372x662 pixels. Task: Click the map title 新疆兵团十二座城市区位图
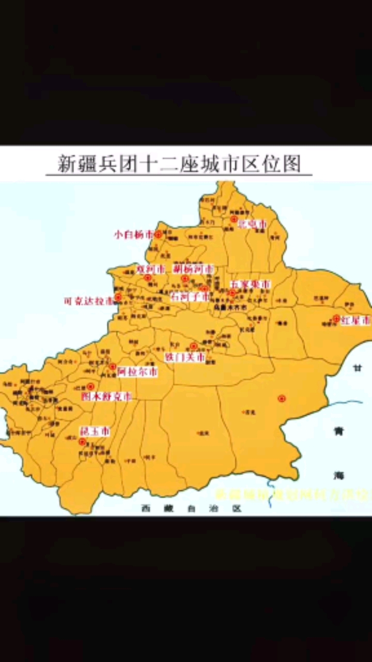(x=179, y=164)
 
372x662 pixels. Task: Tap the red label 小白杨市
(x=134, y=234)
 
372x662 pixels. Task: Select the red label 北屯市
(x=252, y=224)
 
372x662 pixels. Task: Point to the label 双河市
(x=151, y=269)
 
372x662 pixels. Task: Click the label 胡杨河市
(x=193, y=269)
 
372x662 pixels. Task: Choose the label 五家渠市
(x=251, y=284)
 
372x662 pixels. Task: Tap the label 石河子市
(x=190, y=297)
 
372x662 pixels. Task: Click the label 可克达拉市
(x=88, y=300)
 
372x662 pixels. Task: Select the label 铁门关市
(x=184, y=357)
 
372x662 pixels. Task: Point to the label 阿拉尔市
(x=137, y=371)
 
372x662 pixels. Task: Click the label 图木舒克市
(x=106, y=397)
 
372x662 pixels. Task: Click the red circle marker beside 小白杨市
(x=158, y=234)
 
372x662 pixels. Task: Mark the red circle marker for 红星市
(x=336, y=319)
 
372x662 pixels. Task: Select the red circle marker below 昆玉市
(x=82, y=442)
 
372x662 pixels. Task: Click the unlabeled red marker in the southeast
(x=282, y=398)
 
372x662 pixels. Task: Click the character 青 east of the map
(x=338, y=432)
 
